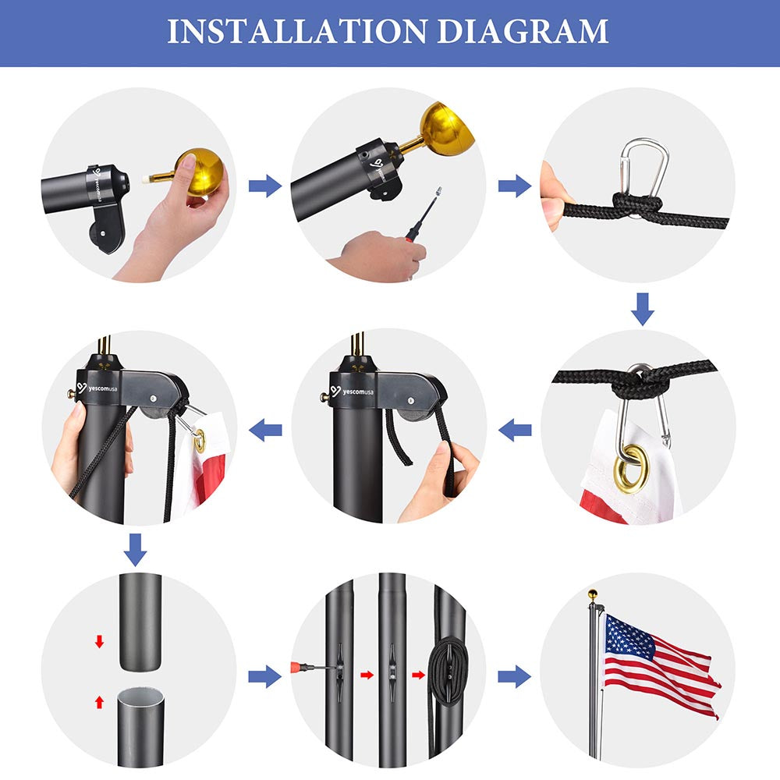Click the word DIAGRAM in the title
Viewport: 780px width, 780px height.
(523, 31)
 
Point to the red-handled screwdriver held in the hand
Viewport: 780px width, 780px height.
(423, 214)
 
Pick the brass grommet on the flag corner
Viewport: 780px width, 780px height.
(630, 469)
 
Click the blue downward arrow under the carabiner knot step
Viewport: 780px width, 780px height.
(642, 309)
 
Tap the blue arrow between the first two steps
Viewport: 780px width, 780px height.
(265, 186)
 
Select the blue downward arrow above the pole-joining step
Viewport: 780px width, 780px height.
(135, 550)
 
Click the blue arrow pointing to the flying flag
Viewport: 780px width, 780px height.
(514, 676)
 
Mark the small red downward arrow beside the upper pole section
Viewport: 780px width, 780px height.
(100, 642)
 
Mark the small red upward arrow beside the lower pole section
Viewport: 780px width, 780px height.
(100, 702)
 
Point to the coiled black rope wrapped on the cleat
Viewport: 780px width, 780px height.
(448, 671)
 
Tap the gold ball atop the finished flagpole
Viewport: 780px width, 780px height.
(593, 594)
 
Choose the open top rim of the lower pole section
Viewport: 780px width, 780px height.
(140, 694)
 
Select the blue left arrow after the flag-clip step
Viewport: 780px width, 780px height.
(515, 430)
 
